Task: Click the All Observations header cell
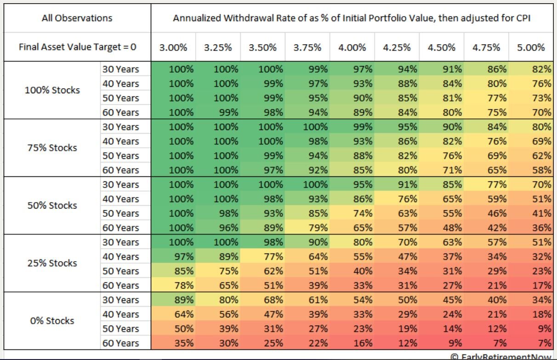[77, 18]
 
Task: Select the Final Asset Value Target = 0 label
[77, 47]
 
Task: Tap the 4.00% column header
[352, 47]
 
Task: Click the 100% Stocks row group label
[52, 90]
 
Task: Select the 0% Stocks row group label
[52, 321]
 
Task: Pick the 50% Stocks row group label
[52, 205]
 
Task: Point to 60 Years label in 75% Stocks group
[120, 170]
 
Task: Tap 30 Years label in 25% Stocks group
[120, 242]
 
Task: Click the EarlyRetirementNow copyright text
[501, 356]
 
